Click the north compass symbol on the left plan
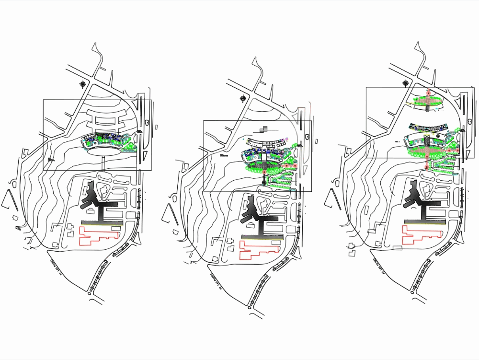click(84, 84)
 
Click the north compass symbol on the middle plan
click(244, 99)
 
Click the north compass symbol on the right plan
click(406, 82)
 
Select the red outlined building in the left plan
click(98, 235)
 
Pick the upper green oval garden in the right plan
click(428, 101)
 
